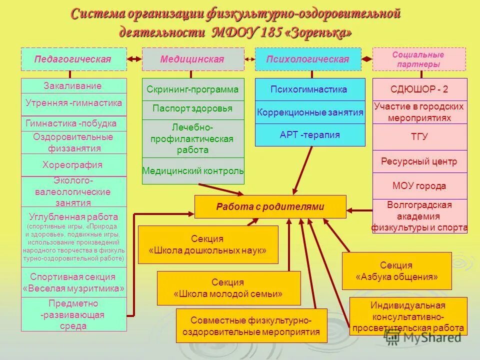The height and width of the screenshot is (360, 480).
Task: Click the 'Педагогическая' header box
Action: (x=73, y=59)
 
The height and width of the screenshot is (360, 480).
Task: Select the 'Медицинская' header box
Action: (x=192, y=59)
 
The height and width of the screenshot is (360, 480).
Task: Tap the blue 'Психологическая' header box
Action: (x=307, y=59)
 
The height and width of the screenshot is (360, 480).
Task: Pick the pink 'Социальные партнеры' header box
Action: (x=418, y=59)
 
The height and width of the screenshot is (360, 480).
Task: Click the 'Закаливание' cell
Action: (x=73, y=86)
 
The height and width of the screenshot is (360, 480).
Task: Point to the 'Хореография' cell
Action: (x=73, y=165)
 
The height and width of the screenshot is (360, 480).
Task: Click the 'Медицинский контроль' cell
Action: (x=193, y=171)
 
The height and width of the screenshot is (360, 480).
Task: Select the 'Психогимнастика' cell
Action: (x=309, y=90)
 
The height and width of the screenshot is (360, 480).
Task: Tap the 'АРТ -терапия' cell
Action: (x=309, y=134)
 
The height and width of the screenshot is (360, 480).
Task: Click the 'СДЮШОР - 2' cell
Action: (x=419, y=90)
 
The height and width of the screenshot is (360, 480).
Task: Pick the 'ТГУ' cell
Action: (x=419, y=136)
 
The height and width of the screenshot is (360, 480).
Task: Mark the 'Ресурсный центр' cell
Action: (x=419, y=161)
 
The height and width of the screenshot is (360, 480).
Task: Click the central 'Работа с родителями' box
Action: (x=270, y=206)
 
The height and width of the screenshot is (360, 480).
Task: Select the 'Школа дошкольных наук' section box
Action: (x=207, y=244)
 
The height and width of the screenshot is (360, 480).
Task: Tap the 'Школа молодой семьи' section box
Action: (x=228, y=288)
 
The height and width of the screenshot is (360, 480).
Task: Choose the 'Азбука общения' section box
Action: (x=396, y=270)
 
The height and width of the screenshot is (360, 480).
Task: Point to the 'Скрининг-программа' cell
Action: (x=192, y=90)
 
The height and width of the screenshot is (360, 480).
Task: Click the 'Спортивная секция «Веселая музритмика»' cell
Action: (x=73, y=282)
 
